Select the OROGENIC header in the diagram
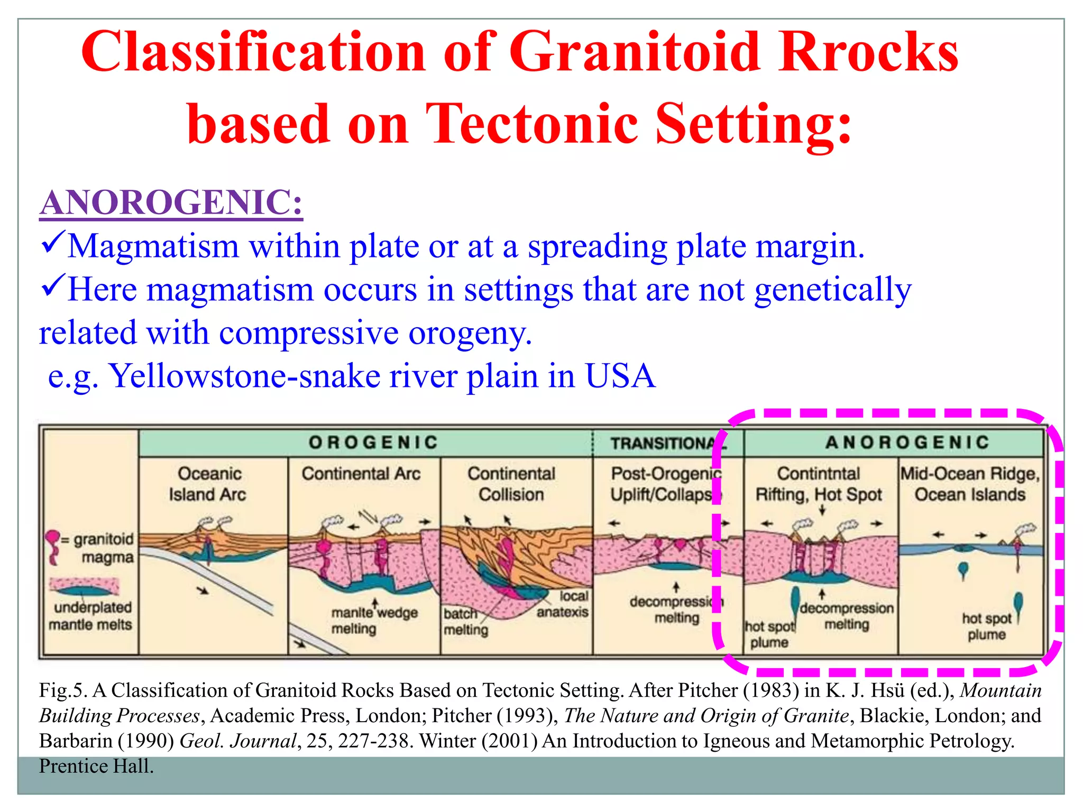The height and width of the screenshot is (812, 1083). pos(373,442)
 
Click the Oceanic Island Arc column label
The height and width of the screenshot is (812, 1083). pos(208,484)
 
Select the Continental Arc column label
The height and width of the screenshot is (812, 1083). pos(361,474)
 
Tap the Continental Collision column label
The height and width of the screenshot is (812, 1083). pos(511,484)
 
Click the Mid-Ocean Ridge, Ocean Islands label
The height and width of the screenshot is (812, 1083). pos(970,484)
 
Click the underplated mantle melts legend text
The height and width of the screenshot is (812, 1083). pos(91,616)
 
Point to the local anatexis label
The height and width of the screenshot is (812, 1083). pos(564,604)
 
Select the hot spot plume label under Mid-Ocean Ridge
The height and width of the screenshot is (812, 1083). pos(986,626)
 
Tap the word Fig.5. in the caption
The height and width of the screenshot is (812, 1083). pos(62,690)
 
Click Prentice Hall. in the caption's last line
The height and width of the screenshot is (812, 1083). pos(96,766)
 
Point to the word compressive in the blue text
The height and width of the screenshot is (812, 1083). pos(308,333)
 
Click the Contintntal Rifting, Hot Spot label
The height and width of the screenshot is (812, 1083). pos(819,484)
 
